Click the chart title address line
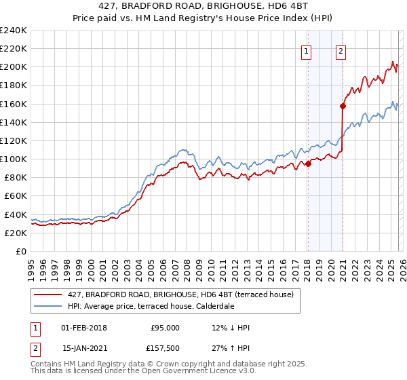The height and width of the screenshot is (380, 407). tap(203, 6)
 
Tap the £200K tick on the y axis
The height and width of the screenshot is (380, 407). tap(14, 67)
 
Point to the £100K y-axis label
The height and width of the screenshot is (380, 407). tap(14, 159)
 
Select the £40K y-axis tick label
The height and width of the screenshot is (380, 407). tap(16, 214)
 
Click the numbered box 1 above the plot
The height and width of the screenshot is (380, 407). tap(307, 50)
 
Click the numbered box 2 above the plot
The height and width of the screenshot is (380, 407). tap(341, 50)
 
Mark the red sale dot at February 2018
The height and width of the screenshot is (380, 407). tap(308, 163)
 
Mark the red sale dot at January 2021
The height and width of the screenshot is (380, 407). tap(343, 106)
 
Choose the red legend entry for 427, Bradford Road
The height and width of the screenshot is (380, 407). tap(180, 294)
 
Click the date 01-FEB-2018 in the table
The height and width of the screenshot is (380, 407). tap(83, 328)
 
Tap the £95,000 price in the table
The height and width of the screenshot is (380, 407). tap(165, 328)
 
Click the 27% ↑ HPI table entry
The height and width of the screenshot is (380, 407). tap(231, 351)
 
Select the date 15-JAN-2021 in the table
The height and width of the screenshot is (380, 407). tap(83, 351)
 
